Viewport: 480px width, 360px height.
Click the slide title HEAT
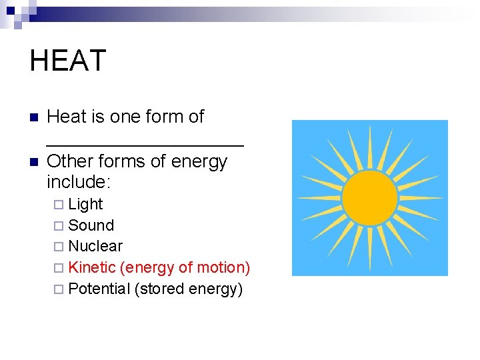(67, 61)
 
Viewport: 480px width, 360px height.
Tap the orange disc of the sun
(369, 197)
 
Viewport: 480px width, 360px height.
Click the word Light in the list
(85, 204)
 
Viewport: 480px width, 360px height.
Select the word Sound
(91, 225)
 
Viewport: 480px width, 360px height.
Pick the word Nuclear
(95, 246)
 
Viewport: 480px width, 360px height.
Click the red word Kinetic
(92, 267)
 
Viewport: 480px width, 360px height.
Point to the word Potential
(99, 289)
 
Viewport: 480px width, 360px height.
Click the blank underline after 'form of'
(145, 143)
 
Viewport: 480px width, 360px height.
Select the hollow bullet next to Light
(58, 205)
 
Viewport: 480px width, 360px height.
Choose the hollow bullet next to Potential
(58, 289)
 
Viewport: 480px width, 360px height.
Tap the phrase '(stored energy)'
(188, 289)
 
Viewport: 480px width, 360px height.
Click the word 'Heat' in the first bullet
(67, 117)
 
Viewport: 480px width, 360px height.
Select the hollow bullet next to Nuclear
(58, 247)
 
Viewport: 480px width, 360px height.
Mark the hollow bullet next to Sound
(58, 226)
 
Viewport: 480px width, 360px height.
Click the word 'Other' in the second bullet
(69, 161)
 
